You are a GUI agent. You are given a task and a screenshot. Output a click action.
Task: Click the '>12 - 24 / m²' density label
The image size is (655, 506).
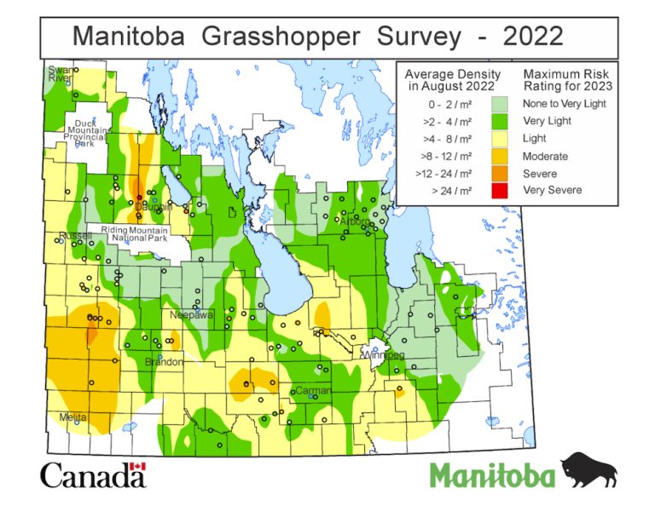coord(444,173)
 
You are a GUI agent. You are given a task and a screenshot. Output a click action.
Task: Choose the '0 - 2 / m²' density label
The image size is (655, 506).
coord(444,103)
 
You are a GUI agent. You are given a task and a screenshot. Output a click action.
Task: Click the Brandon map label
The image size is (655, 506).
coord(164,362)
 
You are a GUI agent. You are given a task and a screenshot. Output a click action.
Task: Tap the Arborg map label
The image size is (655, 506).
coord(354,221)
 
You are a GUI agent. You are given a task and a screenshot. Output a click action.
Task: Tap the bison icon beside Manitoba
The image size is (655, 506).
coord(588,470)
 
